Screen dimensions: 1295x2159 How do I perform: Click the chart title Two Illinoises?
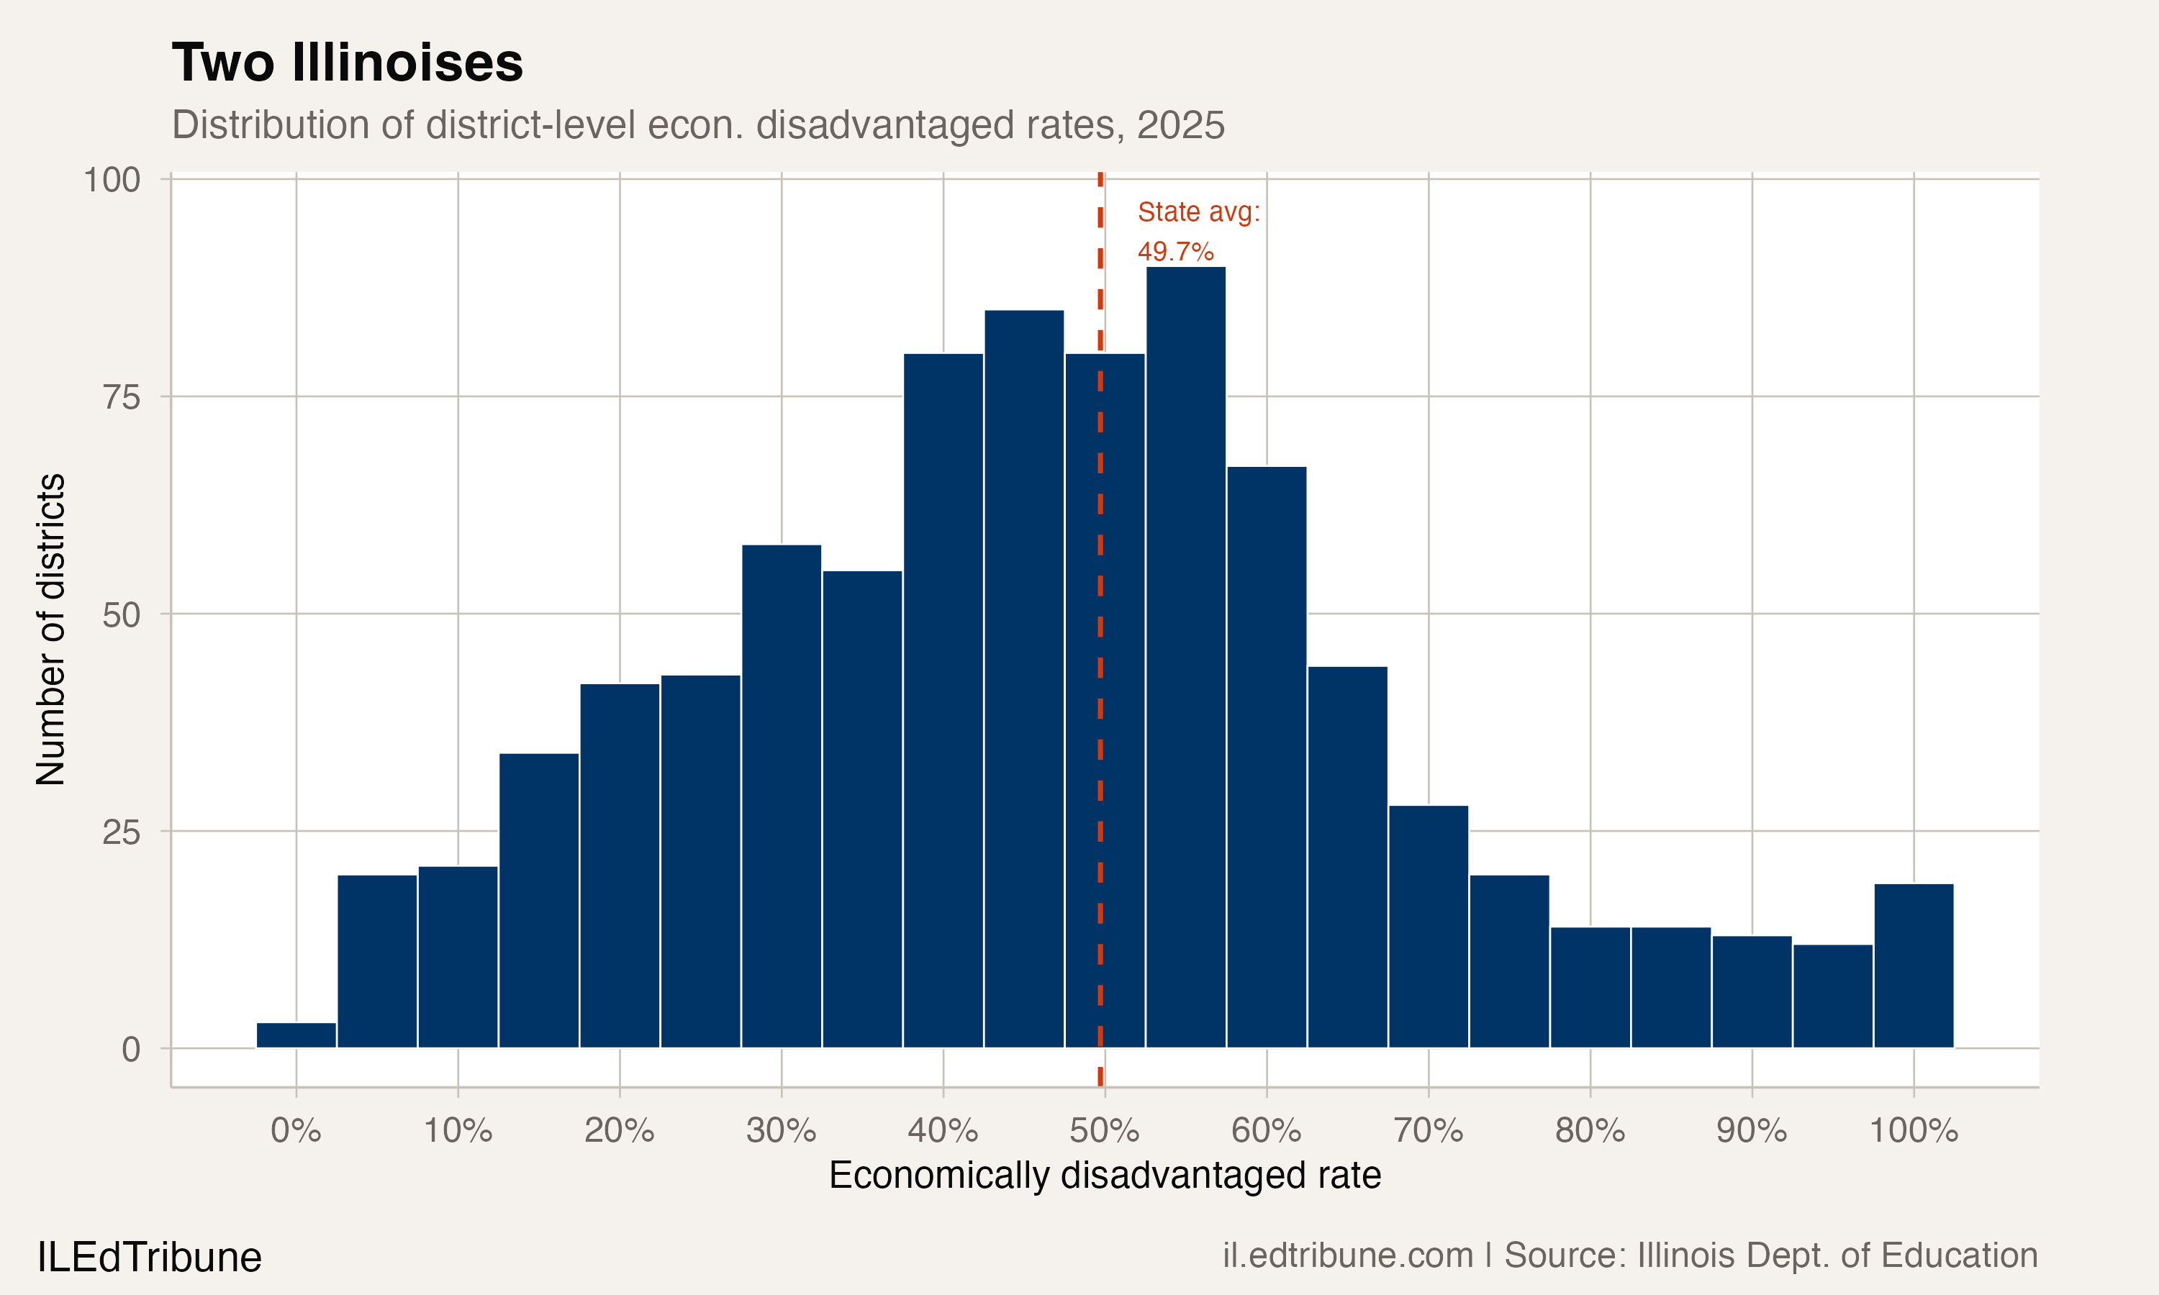point(348,63)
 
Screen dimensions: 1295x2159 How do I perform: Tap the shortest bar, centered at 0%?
point(296,1035)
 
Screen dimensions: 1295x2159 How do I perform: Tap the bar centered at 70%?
point(1429,926)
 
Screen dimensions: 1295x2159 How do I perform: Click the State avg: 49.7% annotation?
point(1198,231)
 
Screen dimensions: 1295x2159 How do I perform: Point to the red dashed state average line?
point(1100,611)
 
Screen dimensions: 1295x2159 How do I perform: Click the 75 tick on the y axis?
point(122,397)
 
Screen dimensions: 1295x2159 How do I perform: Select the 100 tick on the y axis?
point(112,180)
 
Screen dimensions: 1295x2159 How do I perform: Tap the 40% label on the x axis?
point(943,1131)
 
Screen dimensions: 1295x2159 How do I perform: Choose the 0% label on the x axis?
point(296,1131)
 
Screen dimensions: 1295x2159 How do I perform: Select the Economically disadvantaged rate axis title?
point(1104,1176)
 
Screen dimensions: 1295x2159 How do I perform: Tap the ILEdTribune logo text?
point(149,1258)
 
